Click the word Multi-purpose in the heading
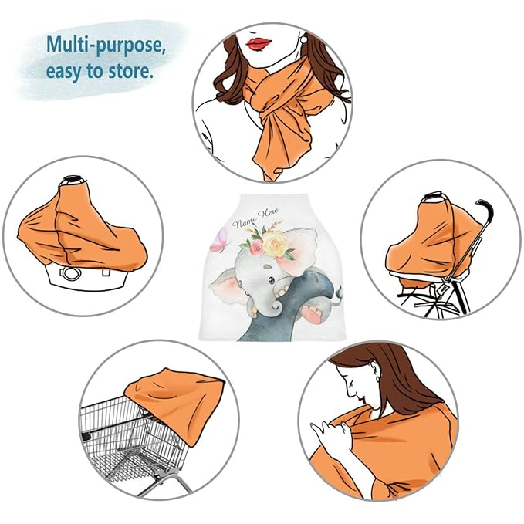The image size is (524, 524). pyautogui.click(x=106, y=45)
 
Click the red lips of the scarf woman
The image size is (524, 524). pyautogui.click(x=259, y=43)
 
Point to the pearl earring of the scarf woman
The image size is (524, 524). pyautogui.click(x=304, y=39)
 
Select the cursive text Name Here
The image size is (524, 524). pyautogui.click(x=255, y=218)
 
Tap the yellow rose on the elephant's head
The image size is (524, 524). pyautogui.click(x=274, y=243)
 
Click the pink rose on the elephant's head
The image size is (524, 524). pyautogui.click(x=256, y=247)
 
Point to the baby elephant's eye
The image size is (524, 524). pyautogui.click(x=272, y=279)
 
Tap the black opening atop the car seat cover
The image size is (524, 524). pyautogui.click(x=73, y=179)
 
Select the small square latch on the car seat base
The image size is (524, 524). pyautogui.click(x=106, y=272)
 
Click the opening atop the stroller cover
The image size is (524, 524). pyautogui.click(x=433, y=196)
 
